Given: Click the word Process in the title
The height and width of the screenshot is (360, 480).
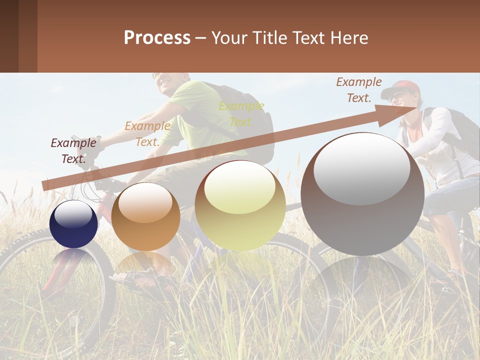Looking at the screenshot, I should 157,37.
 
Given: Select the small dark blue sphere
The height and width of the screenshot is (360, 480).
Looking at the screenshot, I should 74,224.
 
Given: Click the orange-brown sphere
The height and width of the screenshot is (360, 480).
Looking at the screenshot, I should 145,216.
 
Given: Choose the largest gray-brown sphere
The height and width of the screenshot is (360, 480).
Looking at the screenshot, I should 362,194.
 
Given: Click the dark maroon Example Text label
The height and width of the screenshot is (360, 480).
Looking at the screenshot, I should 73,151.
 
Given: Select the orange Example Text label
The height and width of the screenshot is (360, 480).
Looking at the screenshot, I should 147,134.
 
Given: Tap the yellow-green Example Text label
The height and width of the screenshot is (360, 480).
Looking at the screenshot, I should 241,113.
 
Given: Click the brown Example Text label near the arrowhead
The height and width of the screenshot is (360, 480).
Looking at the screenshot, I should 358,90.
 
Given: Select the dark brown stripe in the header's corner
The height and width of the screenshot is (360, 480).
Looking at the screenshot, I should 9,36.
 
